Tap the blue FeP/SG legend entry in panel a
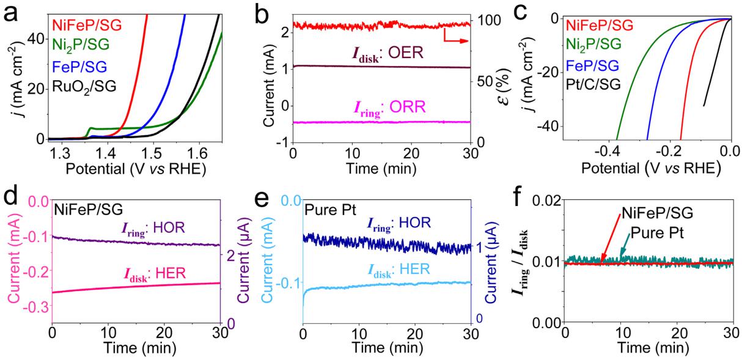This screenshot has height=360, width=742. (76, 65)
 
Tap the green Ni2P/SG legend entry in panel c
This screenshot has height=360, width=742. (595, 45)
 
